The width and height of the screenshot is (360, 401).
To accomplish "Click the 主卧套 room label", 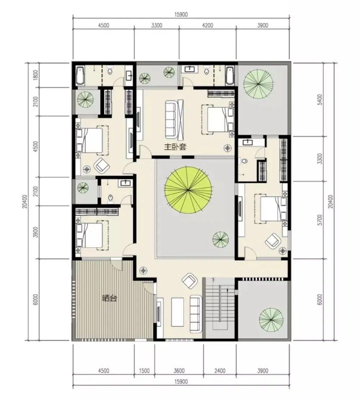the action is click(x=175, y=147).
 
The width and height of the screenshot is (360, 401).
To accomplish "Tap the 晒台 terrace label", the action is click(x=109, y=298).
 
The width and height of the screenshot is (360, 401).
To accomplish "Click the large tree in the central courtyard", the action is click(x=188, y=190).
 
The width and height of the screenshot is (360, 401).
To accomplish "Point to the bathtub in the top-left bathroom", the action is click(x=80, y=76).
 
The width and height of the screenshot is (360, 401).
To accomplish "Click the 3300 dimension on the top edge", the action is click(x=157, y=25).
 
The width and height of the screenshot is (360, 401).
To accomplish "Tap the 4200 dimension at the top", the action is click(x=207, y=25).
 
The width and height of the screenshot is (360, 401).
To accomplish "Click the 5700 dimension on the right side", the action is click(x=320, y=220).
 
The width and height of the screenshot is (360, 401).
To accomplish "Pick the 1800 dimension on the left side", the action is click(x=36, y=75).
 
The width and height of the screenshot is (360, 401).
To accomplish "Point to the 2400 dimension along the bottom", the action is click(x=220, y=370).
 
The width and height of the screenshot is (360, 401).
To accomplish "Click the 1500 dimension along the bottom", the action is click(x=144, y=370).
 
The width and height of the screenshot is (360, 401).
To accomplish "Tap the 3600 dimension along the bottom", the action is click(x=179, y=370).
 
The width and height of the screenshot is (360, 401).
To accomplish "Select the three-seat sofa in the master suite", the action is click(x=171, y=119).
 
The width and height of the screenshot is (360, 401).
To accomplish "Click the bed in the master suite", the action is click(x=218, y=119).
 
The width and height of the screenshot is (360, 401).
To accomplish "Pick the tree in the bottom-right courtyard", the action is click(x=271, y=320).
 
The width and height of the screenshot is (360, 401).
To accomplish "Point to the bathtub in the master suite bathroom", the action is click(x=230, y=76).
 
